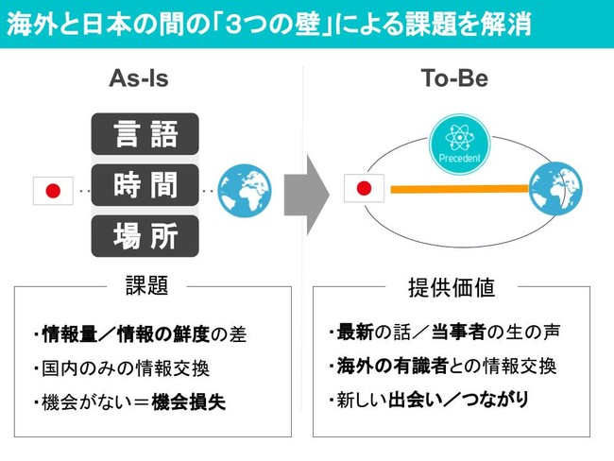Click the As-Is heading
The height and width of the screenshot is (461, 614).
tap(139, 78)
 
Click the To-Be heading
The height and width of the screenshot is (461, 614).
tap(454, 78)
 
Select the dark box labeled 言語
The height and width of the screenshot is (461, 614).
tap(145, 134)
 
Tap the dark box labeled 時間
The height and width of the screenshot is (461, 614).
tap(145, 185)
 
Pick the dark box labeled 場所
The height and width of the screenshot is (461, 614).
tap(145, 236)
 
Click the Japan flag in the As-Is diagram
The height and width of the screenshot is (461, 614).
tap(53, 191)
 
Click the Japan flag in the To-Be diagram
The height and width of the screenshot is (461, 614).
tap(365, 188)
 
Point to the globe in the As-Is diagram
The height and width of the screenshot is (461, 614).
tap(245, 191)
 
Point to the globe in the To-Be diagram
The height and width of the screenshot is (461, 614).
tap(555, 188)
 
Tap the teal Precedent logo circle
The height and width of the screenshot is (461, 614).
tap(460, 145)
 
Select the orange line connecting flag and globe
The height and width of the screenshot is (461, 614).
tap(460, 189)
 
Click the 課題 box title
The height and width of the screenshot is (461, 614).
tap(146, 285)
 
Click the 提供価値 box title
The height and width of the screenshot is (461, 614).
tap(452, 288)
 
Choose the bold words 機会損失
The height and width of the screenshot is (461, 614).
tap(188, 401)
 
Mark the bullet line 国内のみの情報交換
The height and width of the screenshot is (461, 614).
tap(122, 368)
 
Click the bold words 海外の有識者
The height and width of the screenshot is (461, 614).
tap(392, 367)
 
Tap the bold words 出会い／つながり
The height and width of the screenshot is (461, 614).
tap(458, 400)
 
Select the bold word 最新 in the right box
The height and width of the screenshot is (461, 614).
tap(355, 333)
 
